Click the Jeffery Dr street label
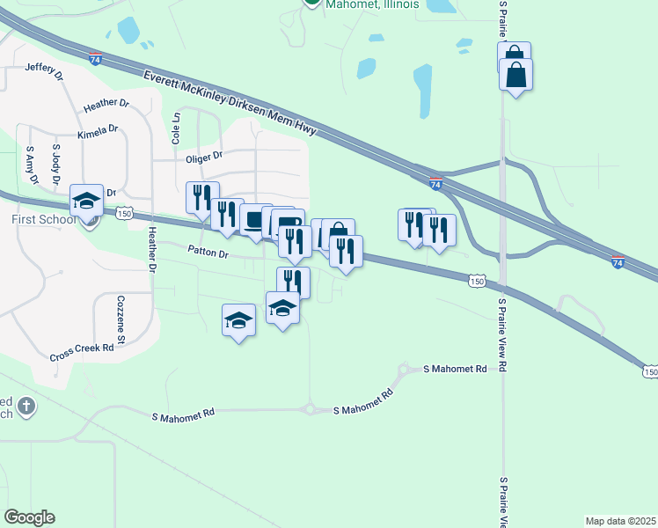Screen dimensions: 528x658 pyautogui.click(x=45, y=71)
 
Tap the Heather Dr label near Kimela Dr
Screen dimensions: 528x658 pyautogui.click(x=106, y=104)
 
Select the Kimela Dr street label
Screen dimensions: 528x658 pyautogui.click(x=98, y=130)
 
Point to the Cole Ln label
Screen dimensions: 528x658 pyautogui.click(x=176, y=128)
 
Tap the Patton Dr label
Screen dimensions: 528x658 pyautogui.click(x=208, y=253)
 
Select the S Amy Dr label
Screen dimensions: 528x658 pyautogui.click(x=33, y=165)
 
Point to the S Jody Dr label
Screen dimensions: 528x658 pyautogui.click(x=58, y=165)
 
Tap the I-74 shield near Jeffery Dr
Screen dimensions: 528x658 pyautogui.click(x=95, y=59)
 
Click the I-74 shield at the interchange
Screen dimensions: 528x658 pyautogui.click(x=436, y=183)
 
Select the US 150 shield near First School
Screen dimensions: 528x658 pyautogui.click(x=124, y=213)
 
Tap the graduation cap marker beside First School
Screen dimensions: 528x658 pyautogui.click(x=87, y=200)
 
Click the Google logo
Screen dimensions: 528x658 pyautogui.click(x=29, y=517)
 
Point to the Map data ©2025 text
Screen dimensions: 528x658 pyautogui.click(x=620, y=521)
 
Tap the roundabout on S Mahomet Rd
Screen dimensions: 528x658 pyautogui.click(x=310, y=409)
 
